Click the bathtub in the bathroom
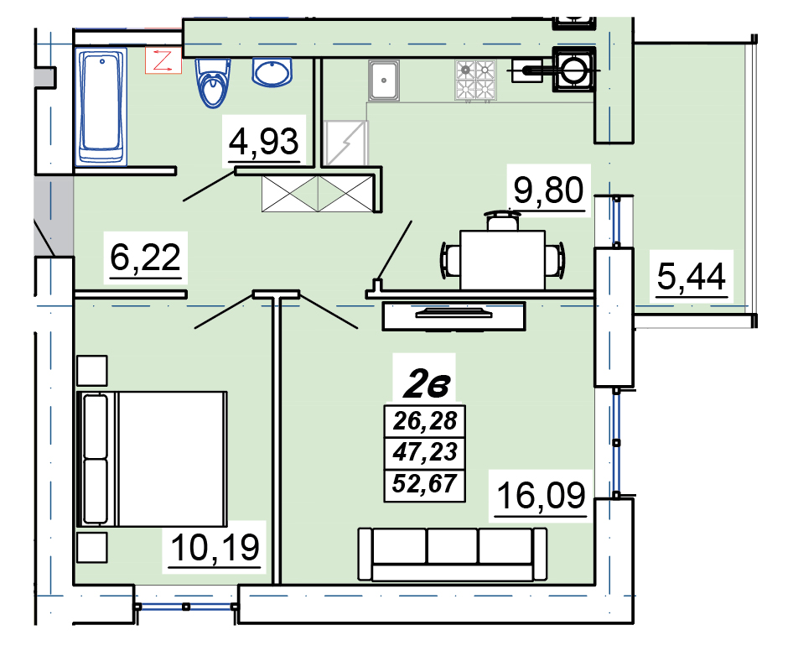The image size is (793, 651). point(101,107)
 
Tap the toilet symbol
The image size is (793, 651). point(212,83)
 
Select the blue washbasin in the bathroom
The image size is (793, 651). point(272,72)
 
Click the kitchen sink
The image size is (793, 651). point(384,80)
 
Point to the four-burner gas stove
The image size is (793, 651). point(475,80)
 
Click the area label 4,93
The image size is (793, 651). point(263,142)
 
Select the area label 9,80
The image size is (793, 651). point(549,190)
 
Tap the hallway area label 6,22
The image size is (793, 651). point(146,258)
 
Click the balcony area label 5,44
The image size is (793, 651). point(692,277)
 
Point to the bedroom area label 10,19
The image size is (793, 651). point(215,547)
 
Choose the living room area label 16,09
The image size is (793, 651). point(542,495)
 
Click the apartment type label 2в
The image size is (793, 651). point(427,385)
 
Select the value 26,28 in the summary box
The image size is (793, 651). point(425,420)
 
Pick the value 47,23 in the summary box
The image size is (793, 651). point(425,451)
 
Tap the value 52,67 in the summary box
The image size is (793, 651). point(425,483)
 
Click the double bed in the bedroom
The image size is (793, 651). point(152,459)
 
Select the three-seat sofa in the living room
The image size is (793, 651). point(453,555)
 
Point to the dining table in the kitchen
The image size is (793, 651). point(503,260)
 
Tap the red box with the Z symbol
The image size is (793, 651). point(163,60)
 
